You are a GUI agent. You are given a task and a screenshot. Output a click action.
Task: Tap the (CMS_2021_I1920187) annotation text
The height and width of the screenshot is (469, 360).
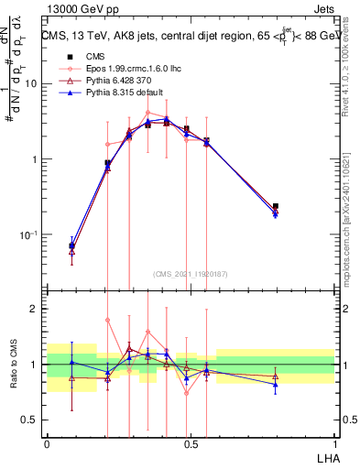[191, 275]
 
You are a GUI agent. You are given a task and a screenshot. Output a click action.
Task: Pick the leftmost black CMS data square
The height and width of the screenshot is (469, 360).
[72, 245]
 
